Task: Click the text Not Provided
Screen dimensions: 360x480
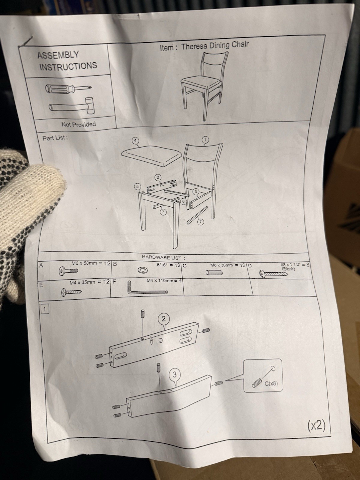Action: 79,124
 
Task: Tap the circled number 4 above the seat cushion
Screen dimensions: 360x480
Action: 135,141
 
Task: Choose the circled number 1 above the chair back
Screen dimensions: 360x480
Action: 205,139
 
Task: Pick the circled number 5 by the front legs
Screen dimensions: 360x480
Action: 137,186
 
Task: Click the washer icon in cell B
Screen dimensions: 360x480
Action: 142,270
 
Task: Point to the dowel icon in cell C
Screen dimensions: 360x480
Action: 214,272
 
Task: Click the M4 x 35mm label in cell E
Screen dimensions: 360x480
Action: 82,282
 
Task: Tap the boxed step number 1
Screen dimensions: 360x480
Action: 45,309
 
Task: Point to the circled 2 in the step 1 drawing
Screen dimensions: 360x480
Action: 164,319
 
